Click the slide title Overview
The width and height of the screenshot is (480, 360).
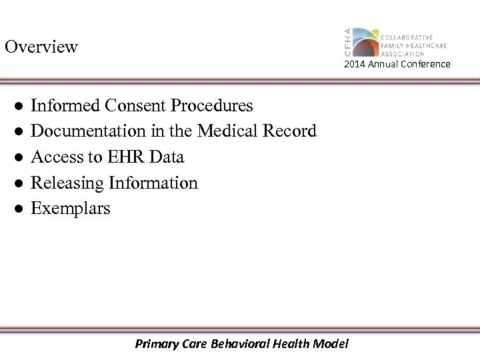click(41, 47)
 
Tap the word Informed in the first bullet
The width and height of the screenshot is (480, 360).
click(63, 105)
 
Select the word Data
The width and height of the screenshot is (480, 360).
click(167, 157)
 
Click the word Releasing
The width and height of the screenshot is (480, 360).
click(65, 183)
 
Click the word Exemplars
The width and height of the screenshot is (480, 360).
click(71, 209)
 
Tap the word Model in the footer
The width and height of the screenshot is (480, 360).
click(333, 344)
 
